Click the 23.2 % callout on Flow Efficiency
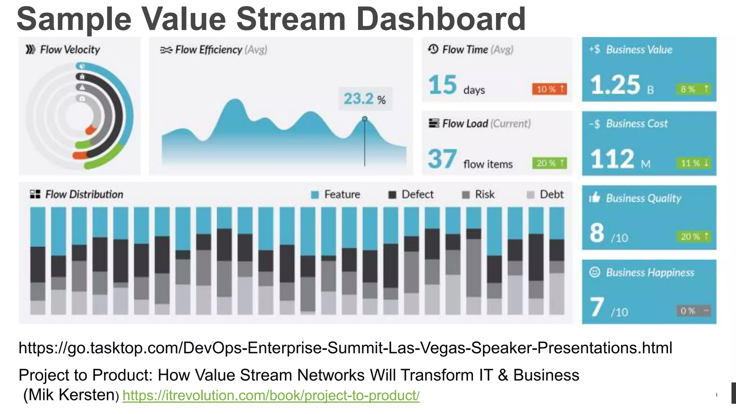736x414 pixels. click(365, 99)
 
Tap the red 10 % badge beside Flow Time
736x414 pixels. click(549, 89)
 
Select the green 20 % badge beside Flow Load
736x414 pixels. click(549, 163)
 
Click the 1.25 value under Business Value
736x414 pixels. click(615, 85)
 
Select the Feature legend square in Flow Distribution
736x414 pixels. click(315, 195)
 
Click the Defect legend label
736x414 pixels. click(418, 194)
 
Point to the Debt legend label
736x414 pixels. click(552, 194)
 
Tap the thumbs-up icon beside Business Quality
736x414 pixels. click(595, 197)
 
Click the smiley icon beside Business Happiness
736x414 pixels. click(595, 272)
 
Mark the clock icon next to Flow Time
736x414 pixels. click(433, 49)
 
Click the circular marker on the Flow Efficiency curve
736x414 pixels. click(365, 119)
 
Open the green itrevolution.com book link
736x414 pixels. click(271, 395)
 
